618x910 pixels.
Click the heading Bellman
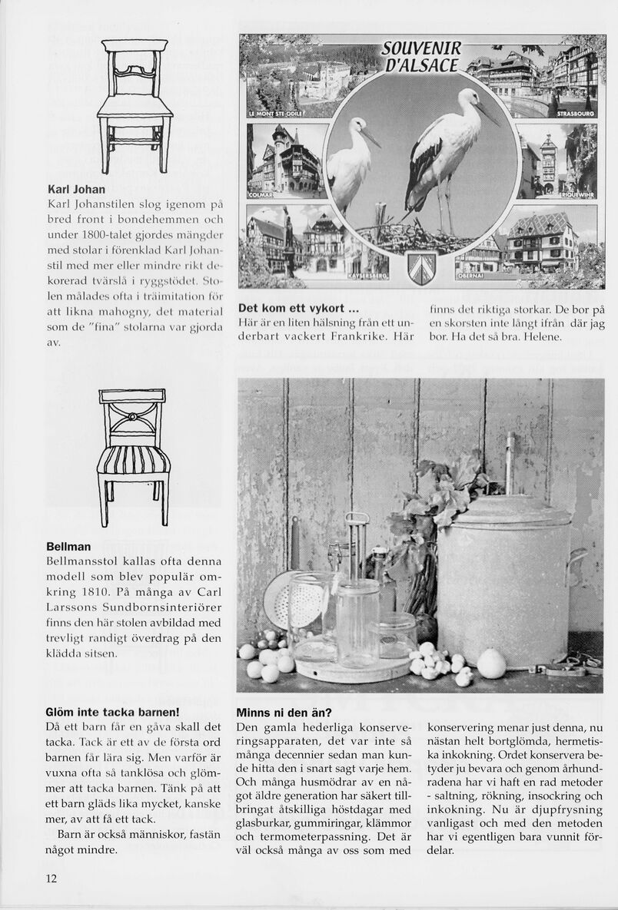click(x=68, y=547)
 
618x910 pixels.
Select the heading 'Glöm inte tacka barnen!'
click(x=112, y=712)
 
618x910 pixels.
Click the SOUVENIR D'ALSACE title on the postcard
click(x=420, y=55)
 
